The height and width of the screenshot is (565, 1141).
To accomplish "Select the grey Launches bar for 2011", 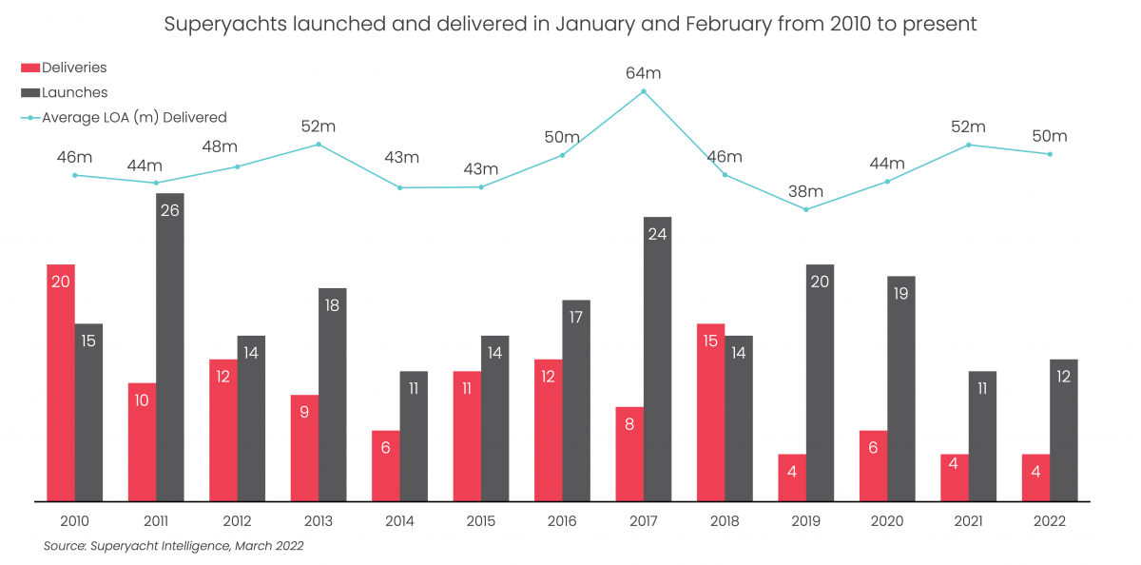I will click(x=169, y=347).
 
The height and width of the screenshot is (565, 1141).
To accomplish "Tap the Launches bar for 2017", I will click(x=657, y=359).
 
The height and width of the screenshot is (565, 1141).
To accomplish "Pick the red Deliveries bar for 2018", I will click(x=710, y=412).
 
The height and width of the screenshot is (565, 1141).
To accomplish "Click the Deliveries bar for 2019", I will click(x=792, y=477).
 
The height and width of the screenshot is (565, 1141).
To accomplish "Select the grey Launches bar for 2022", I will click(x=1064, y=430).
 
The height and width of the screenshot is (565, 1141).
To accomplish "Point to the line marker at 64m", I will click(x=644, y=91).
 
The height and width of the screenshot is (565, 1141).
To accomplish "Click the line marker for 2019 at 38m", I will click(x=806, y=209).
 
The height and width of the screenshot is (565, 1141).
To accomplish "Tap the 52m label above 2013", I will click(x=319, y=127).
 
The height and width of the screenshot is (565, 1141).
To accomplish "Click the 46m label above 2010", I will click(x=74, y=157).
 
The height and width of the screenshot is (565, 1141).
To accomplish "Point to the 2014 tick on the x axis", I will click(x=399, y=521).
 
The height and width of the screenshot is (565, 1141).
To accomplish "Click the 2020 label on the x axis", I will click(x=887, y=521).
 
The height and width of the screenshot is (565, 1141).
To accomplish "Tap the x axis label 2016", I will click(x=562, y=521).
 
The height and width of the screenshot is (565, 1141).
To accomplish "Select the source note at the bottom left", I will click(x=173, y=546).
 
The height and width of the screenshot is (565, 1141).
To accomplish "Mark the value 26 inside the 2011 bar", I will click(x=169, y=210).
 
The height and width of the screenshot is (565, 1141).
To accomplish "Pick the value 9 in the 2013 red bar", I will click(x=304, y=412).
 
